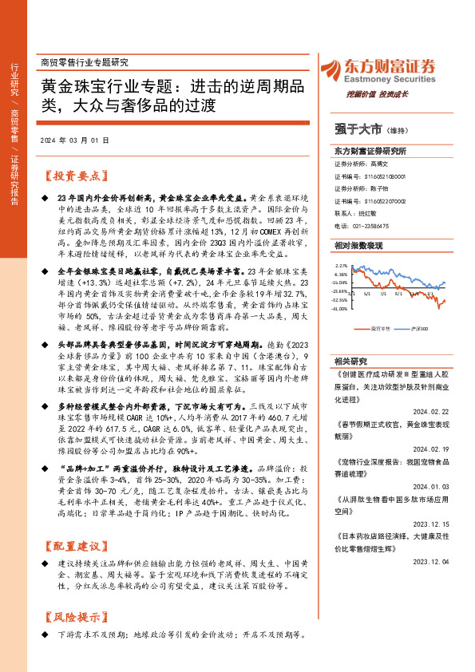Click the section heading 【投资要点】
73,176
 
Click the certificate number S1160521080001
385,176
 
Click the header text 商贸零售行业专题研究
83,62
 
